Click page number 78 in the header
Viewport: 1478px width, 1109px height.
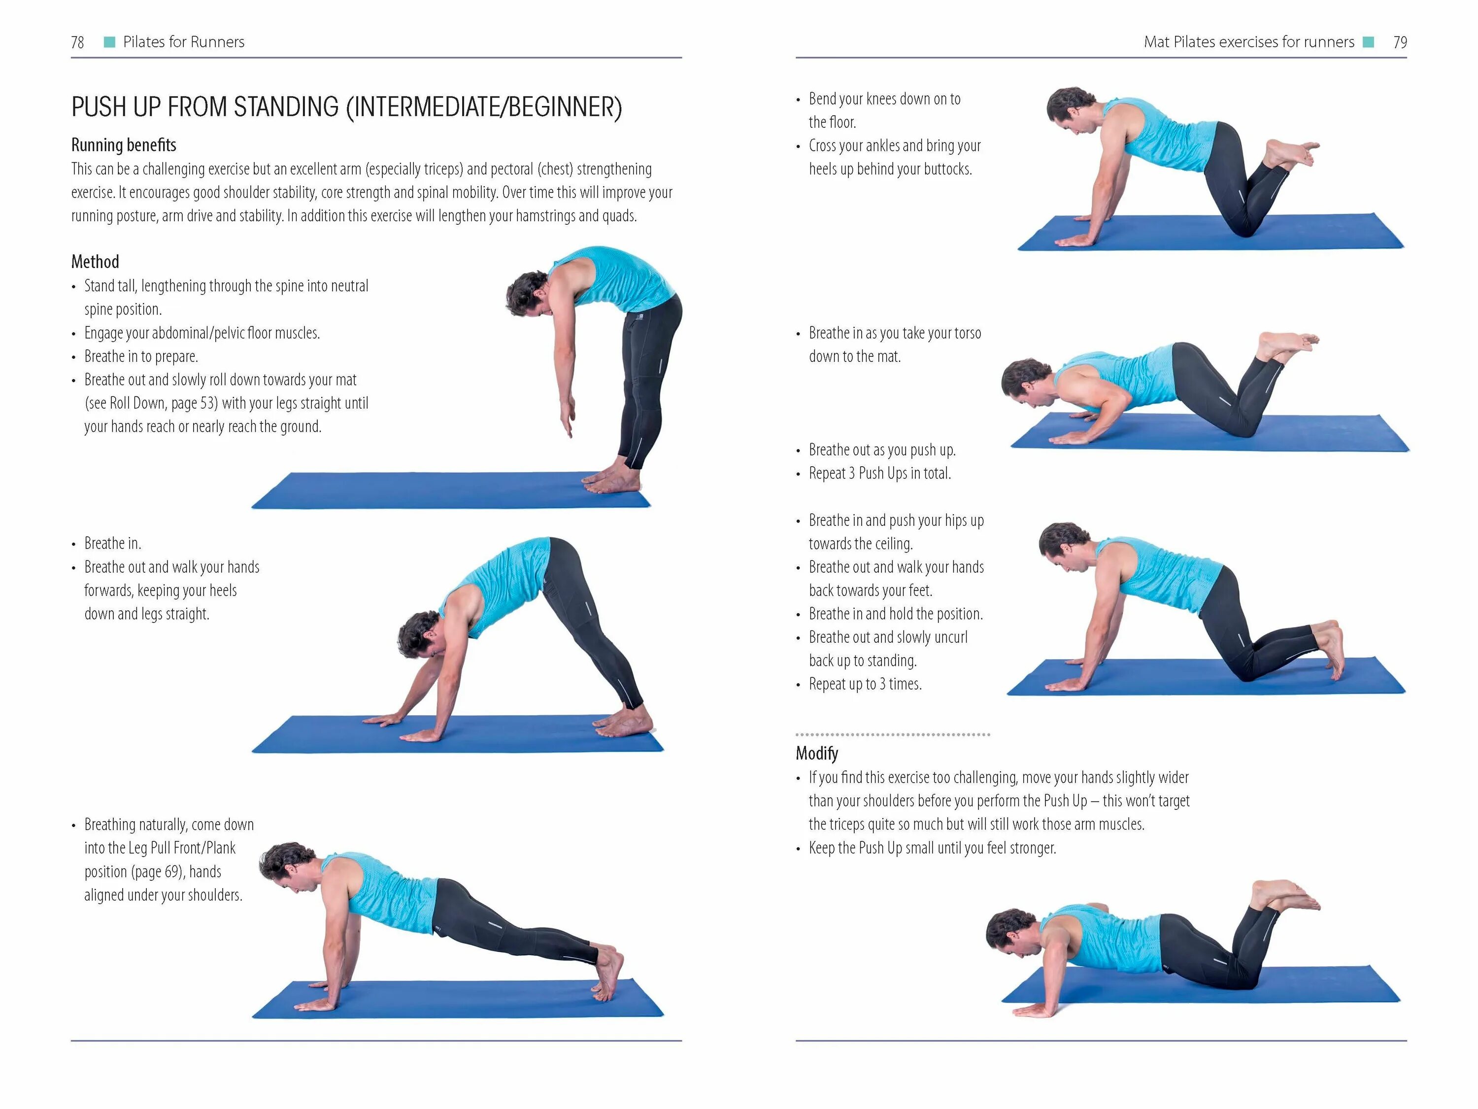(x=77, y=42)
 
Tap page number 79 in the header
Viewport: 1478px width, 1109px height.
(x=1400, y=42)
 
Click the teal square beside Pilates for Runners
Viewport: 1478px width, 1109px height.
(x=109, y=42)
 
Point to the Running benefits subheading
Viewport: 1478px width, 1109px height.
(x=124, y=145)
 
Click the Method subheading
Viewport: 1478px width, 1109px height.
(x=95, y=261)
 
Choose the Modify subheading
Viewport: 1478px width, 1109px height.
(x=816, y=753)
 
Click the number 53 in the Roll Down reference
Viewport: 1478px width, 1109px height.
(x=208, y=403)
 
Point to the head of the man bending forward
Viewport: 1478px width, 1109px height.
(x=528, y=294)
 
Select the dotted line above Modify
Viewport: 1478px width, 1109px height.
(x=893, y=734)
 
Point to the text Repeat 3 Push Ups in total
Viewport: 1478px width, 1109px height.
(x=879, y=473)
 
